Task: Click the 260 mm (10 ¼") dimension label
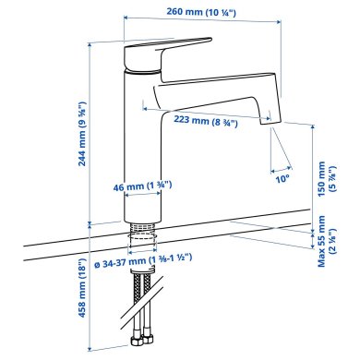click(x=202, y=14)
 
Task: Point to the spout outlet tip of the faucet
click(x=269, y=115)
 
